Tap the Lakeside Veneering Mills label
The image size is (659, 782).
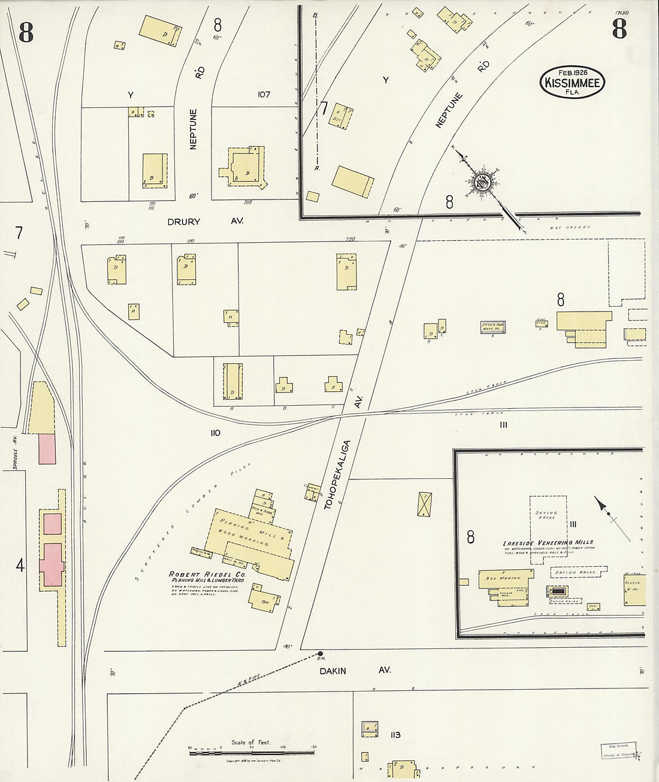click(x=548, y=543)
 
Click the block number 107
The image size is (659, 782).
click(x=264, y=95)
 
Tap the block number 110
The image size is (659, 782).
click(x=215, y=432)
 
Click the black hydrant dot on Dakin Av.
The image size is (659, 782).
click(x=321, y=654)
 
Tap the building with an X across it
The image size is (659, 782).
click(x=425, y=503)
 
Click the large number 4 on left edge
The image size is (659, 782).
click(x=20, y=565)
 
